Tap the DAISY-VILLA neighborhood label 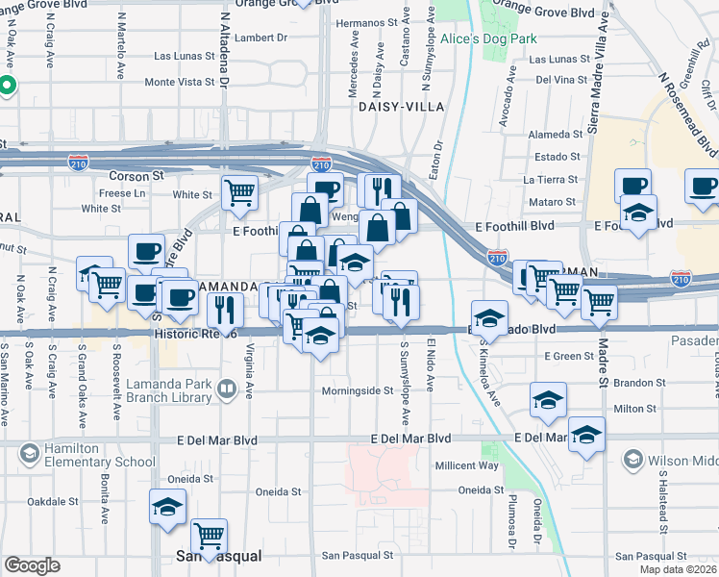click(400, 107)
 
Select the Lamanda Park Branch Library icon click(227, 389)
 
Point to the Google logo click(32, 565)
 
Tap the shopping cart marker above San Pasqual click(209, 535)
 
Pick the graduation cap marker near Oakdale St click(167, 506)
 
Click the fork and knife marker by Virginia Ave click(226, 310)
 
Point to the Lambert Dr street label click(260, 38)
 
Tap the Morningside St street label click(358, 391)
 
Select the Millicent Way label click(466, 465)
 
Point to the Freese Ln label click(122, 193)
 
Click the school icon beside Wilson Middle click(632, 461)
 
